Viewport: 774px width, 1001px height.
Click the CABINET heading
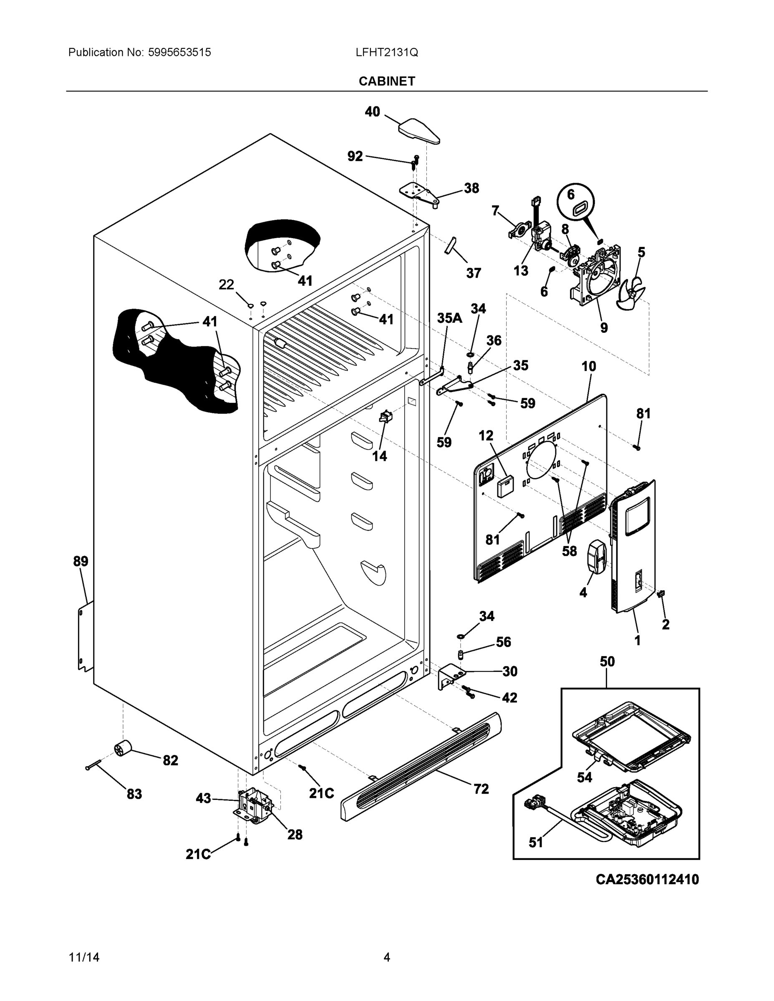(386, 81)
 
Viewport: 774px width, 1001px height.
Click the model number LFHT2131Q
(386, 53)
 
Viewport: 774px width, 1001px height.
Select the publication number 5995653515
(179, 53)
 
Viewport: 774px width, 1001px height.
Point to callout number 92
(355, 156)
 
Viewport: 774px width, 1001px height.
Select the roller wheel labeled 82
(123, 749)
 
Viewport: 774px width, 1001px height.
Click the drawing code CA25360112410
(647, 879)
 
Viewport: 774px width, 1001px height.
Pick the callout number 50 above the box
(607, 661)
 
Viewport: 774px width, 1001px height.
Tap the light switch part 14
(385, 417)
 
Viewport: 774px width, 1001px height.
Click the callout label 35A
(449, 318)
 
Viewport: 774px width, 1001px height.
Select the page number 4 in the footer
(386, 957)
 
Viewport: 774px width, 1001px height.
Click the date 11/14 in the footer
(84, 957)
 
